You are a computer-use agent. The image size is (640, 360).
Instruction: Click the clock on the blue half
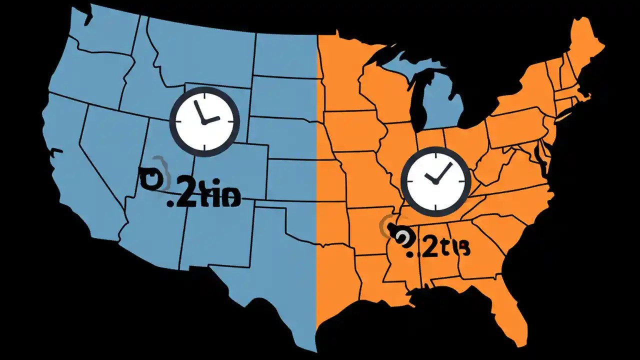coord(204,120)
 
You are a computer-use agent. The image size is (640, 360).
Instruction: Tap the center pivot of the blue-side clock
coord(203,122)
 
